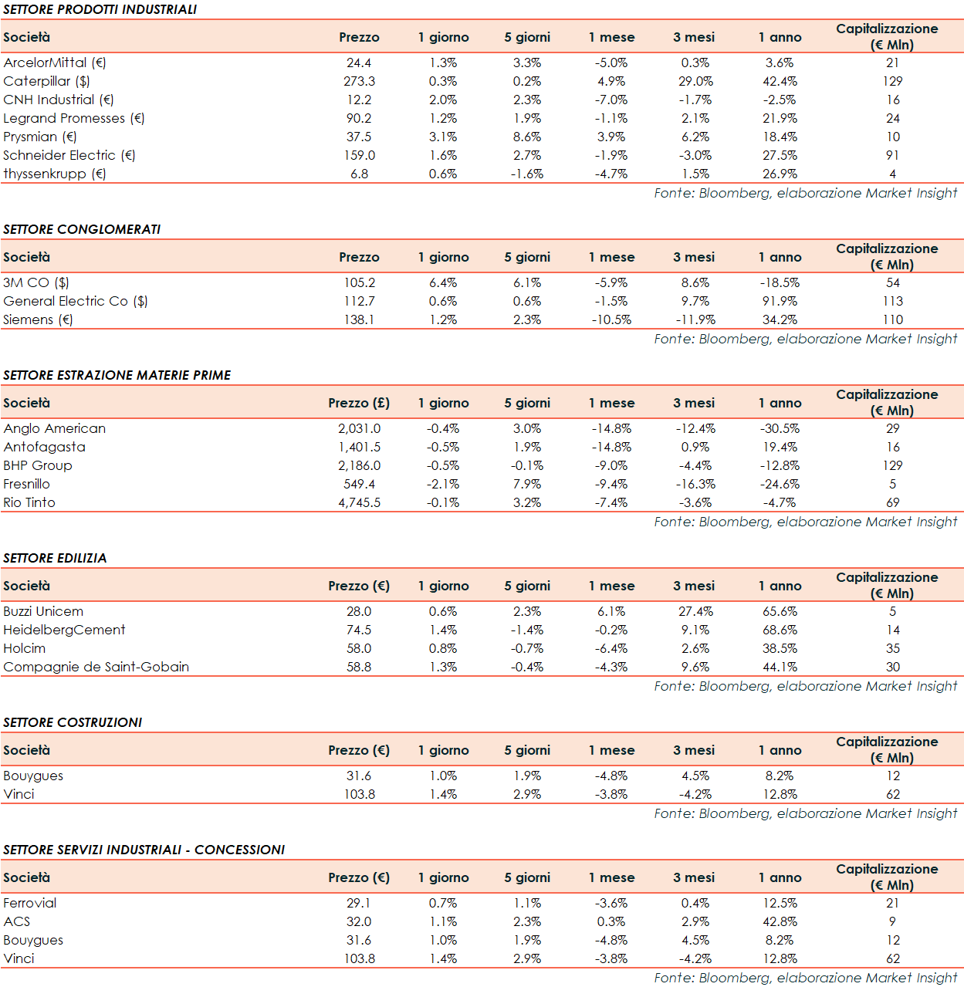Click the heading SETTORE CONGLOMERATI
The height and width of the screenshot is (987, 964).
82,229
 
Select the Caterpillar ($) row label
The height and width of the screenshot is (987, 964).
46,81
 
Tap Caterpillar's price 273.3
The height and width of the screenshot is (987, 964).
359,81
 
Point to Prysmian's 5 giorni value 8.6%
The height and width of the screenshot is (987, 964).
527,137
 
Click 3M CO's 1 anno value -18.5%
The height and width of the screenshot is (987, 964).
780,282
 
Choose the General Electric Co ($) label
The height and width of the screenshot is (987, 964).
75,301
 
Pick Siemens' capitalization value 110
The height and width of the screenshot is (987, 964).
892,319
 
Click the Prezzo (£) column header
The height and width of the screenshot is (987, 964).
359,403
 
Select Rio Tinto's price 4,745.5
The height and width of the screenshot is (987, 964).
359,502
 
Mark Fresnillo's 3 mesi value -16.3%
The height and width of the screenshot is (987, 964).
695,484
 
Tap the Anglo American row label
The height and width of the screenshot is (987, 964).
54,428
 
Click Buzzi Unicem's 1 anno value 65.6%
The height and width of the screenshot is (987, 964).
780,611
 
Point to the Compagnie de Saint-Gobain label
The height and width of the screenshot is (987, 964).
96,667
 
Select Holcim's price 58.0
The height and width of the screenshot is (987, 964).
359,648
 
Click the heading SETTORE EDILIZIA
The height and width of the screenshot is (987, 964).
55,558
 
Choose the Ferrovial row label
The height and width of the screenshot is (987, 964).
29,903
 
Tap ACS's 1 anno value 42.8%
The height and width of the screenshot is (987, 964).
780,921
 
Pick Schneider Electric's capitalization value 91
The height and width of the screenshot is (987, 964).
892,155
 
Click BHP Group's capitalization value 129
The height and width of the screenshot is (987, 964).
892,465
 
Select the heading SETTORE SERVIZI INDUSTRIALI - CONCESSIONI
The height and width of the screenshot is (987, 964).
144,850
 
